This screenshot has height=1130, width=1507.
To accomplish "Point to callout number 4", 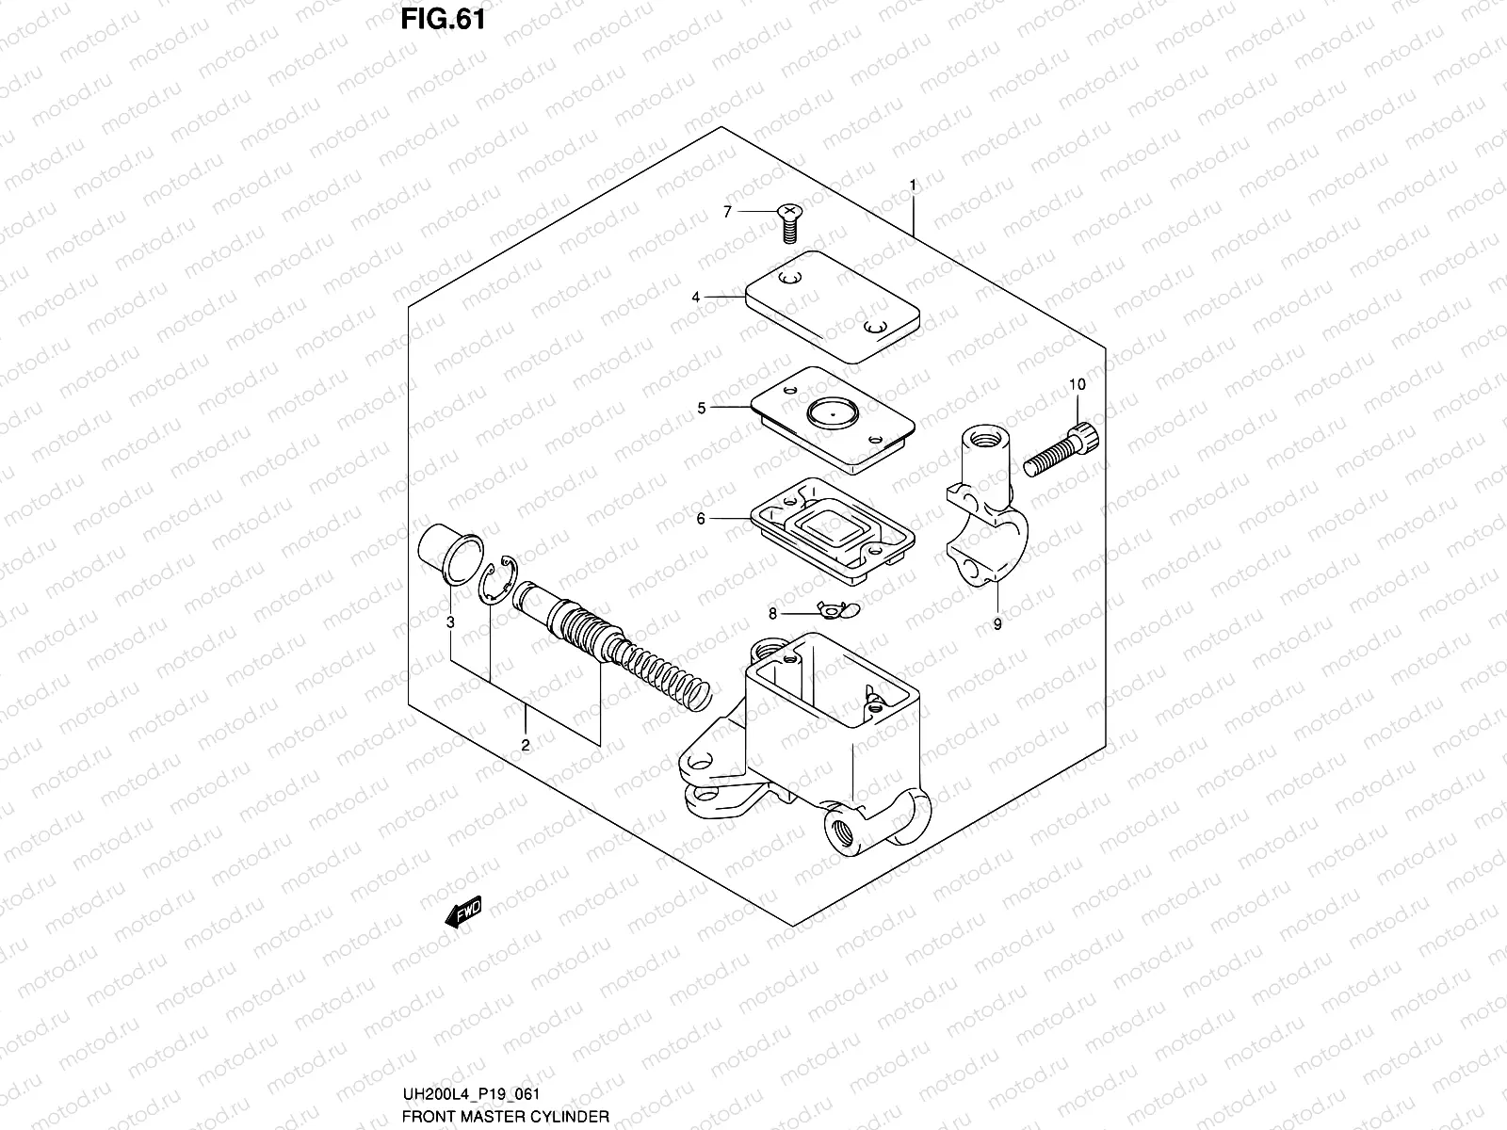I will pyautogui.click(x=696, y=298).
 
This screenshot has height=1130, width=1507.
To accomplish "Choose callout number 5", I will pyautogui.click(x=701, y=408).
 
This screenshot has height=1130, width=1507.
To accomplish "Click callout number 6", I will pyautogui.click(x=701, y=518).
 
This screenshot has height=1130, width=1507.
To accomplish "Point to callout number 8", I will pyautogui.click(x=772, y=614).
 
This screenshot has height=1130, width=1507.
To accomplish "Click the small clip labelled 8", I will pyautogui.click(x=832, y=612).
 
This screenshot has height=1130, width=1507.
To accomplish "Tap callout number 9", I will pyautogui.click(x=997, y=623).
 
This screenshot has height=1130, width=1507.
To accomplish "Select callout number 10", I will pyautogui.click(x=1078, y=384).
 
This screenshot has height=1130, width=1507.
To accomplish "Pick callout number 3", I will pyautogui.click(x=450, y=622).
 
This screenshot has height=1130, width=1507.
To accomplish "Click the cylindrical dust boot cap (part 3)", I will pyautogui.click(x=448, y=552).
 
